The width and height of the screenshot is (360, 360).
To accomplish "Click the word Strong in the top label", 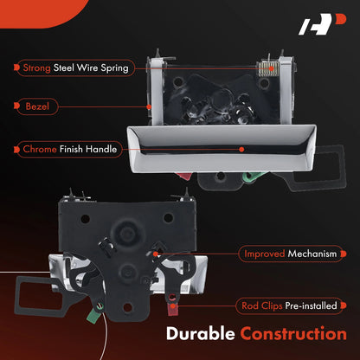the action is click(x=36, y=68).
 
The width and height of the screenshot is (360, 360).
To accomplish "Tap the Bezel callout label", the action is click(x=37, y=106).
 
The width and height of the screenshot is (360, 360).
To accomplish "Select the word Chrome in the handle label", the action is click(x=40, y=149).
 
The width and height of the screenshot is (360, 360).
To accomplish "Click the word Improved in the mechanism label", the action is click(x=265, y=254).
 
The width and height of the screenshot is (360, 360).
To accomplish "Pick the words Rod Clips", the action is click(x=262, y=305).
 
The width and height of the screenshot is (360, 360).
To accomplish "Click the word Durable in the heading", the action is click(x=201, y=334).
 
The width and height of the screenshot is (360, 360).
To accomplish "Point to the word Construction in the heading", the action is click(x=293, y=334).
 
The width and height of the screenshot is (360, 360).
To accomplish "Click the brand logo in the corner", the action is click(x=322, y=24).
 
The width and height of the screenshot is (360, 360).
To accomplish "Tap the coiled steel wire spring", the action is click(x=268, y=69).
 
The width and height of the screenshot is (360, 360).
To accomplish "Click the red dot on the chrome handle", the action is click(x=241, y=150).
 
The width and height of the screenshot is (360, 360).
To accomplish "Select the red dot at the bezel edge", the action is click(x=149, y=107).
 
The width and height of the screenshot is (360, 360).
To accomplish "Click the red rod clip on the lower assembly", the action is click(x=173, y=306).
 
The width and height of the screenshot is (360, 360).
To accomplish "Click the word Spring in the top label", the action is click(x=114, y=68).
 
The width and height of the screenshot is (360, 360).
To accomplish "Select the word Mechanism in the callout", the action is click(x=312, y=254).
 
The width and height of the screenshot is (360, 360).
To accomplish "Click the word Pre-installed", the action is click(x=311, y=305).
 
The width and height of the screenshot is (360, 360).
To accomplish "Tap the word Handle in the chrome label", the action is click(x=101, y=149).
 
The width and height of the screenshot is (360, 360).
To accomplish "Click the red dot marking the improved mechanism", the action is click(x=156, y=254).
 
